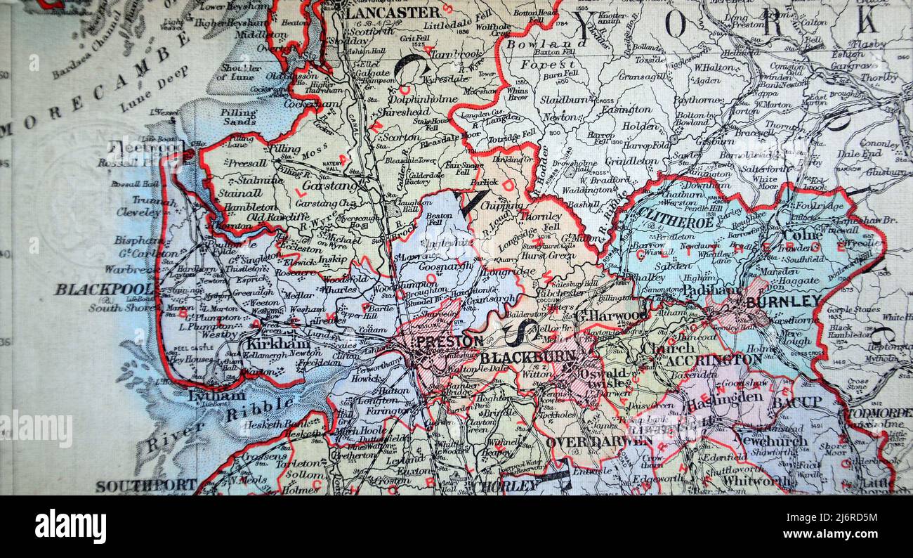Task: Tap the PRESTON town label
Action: [449, 342]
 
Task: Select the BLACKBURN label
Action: [518, 358]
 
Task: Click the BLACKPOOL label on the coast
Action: [104, 289]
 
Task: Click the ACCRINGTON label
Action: [713, 361]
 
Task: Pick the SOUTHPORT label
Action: [146, 486]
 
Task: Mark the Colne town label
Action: [802, 234]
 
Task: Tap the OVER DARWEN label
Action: [589, 442]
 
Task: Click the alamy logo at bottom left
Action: [70, 526]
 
